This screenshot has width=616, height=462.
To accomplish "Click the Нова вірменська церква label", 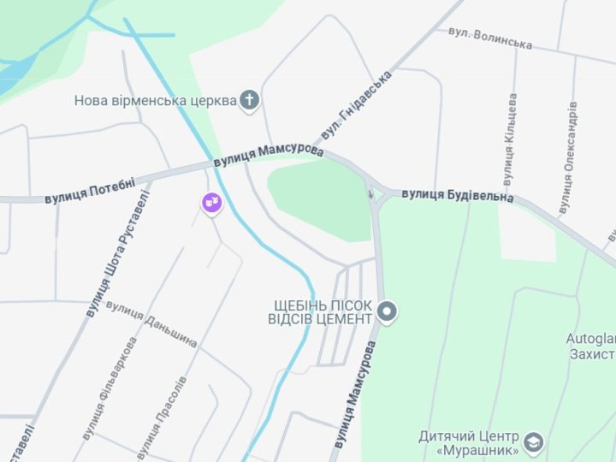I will tap(155, 100).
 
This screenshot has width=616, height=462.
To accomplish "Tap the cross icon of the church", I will tap(249, 100).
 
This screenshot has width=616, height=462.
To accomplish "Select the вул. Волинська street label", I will tap(490, 38).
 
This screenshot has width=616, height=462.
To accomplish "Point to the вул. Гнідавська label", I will tap(356, 105).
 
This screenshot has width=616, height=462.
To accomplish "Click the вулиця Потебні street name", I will tap(90, 189).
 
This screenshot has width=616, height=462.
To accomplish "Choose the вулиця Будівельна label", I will tap(458, 196).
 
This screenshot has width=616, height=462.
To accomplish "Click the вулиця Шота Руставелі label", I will tap(117, 254).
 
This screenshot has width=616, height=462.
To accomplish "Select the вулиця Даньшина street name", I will tap(152, 324).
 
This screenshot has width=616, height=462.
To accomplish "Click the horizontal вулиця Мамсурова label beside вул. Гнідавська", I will tap(269, 155).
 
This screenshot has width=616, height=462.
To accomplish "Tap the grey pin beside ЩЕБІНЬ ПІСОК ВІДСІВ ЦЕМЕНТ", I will tap(388, 312).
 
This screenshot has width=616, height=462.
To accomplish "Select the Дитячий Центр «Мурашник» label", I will tap(469, 442).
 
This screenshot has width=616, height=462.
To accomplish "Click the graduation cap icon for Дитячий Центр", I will tap(534, 442).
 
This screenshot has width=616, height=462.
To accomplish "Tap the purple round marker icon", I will tap(211, 203).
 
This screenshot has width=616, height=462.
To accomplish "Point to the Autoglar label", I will tap(590, 339).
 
